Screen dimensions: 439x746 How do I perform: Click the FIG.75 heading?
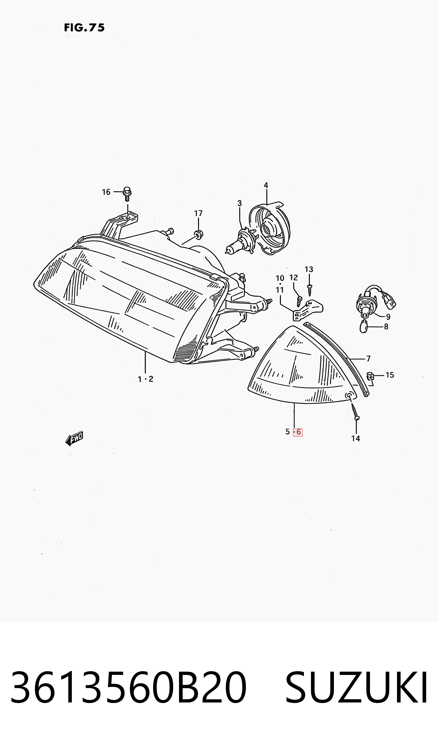(x=84, y=28)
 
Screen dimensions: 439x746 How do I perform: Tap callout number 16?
(x=106, y=192)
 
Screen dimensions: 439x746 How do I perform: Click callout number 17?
(x=198, y=213)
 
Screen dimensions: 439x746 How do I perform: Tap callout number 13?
(x=309, y=269)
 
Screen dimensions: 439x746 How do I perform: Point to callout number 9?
(x=388, y=317)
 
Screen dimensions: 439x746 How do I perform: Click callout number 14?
(x=355, y=438)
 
